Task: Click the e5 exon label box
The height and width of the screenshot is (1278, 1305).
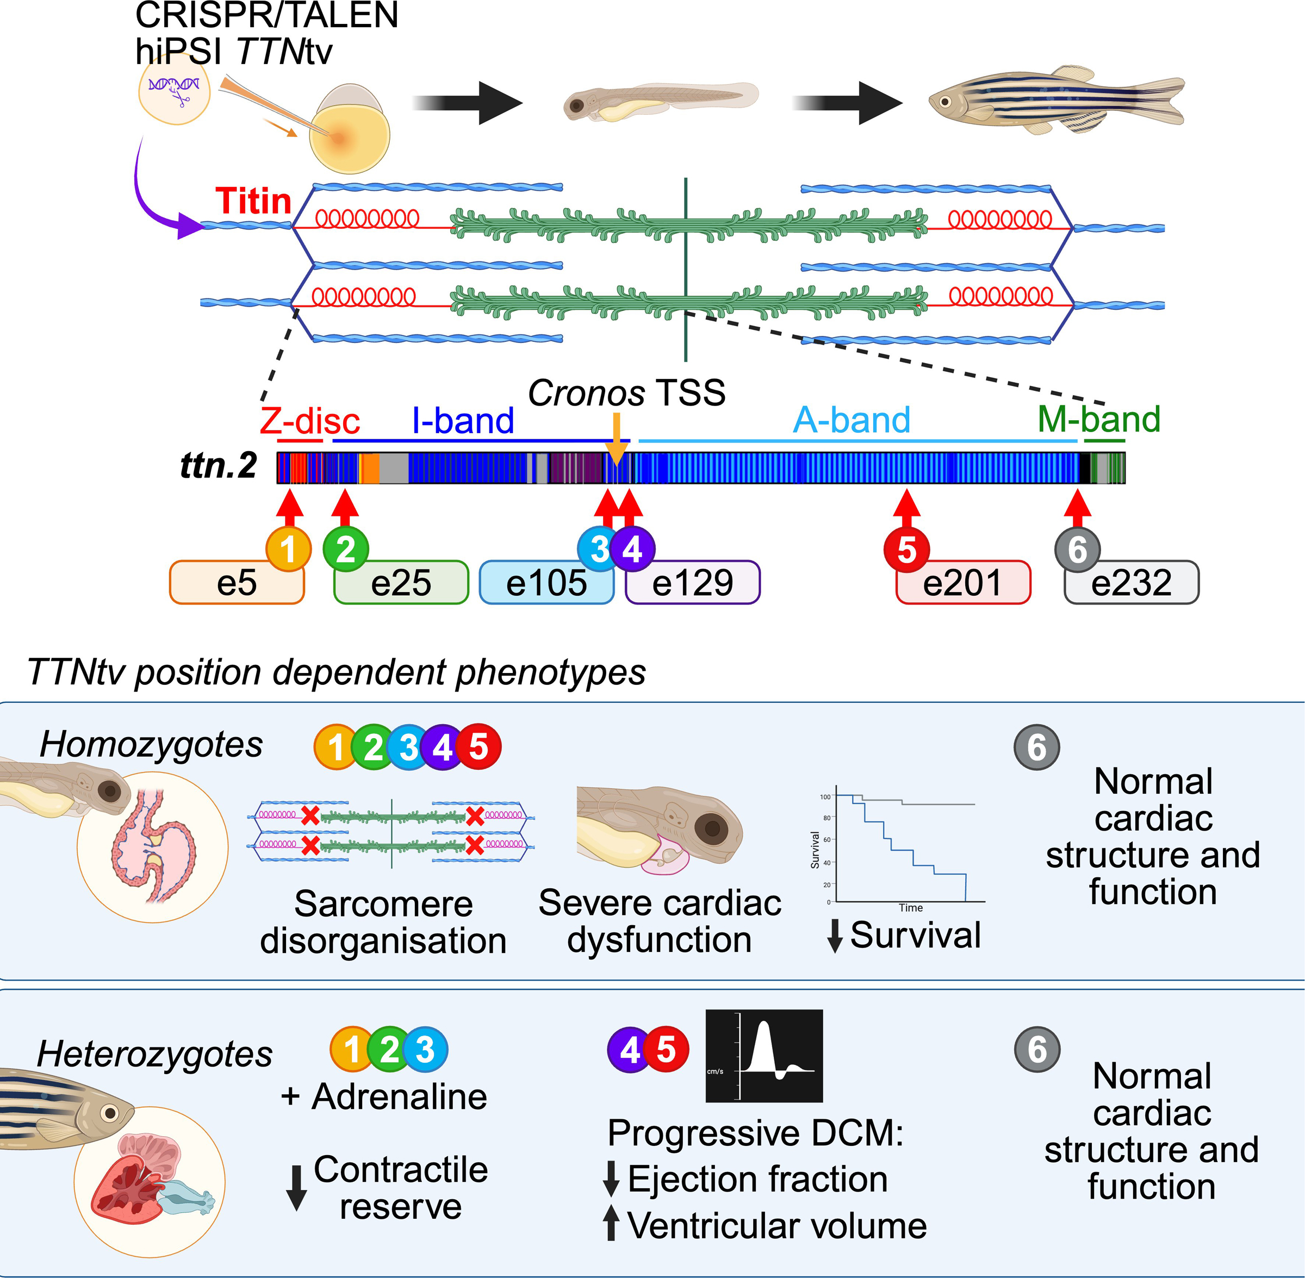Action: (237, 583)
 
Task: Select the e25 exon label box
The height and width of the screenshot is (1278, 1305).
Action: (401, 583)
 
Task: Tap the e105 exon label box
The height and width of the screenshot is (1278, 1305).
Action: (546, 583)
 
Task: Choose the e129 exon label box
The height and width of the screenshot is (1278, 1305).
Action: (692, 583)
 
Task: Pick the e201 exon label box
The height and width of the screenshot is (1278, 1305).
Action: (962, 583)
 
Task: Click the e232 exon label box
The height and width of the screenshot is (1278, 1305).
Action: (1131, 583)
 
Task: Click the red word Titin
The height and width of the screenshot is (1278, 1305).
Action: (253, 201)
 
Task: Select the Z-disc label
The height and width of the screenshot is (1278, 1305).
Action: (309, 421)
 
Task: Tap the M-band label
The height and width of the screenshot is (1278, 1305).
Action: (1099, 420)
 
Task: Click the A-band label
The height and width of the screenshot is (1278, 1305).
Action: (851, 420)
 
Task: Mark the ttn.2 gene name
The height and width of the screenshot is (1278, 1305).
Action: (218, 465)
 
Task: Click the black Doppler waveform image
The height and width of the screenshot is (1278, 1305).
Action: (764, 1056)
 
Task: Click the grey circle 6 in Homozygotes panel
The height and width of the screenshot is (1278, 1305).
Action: (1036, 747)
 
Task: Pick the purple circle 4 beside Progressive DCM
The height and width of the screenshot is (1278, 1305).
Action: (630, 1050)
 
